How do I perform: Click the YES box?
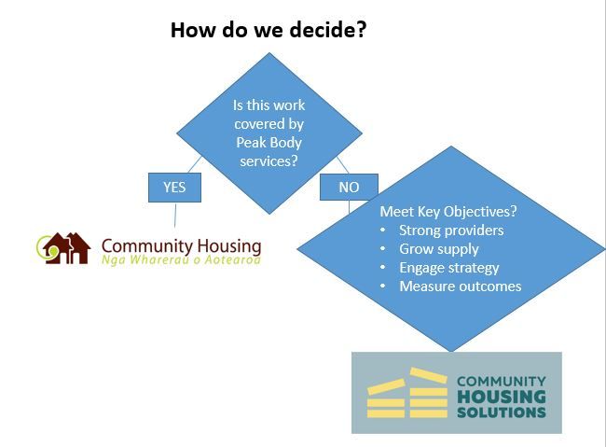pyautogui.click(x=174, y=188)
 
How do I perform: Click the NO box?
pyautogui.click(x=349, y=188)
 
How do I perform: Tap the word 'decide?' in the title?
pyautogui.click(x=328, y=30)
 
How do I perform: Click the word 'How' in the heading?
pyautogui.click(x=193, y=30)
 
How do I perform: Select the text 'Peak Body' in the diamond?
pyautogui.click(x=269, y=143)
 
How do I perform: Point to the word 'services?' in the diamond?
pyautogui.click(x=269, y=161)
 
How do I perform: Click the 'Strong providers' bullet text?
pyautogui.click(x=451, y=230)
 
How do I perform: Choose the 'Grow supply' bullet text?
pyautogui.click(x=439, y=249)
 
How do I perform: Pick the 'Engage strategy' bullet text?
pyautogui.click(x=449, y=268)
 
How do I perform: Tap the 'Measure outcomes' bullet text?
pyautogui.click(x=461, y=286)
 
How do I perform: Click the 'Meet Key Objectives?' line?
pyautogui.click(x=448, y=212)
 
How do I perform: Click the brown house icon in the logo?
pyautogui.click(x=66, y=248)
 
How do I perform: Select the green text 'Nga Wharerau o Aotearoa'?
pyautogui.click(x=181, y=259)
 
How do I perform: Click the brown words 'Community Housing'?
pyautogui.click(x=181, y=246)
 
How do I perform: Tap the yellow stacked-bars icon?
pyautogui.click(x=407, y=393)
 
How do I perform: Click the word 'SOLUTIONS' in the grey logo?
pyautogui.click(x=502, y=412)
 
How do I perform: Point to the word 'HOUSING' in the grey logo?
pyautogui.click(x=502, y=397)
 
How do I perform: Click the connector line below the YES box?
pyautogui.click(x=175, y=215)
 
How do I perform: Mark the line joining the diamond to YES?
pyautogui.click(x=195, y=164)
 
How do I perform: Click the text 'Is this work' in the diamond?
pyautogui.click(x=269, y=105)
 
